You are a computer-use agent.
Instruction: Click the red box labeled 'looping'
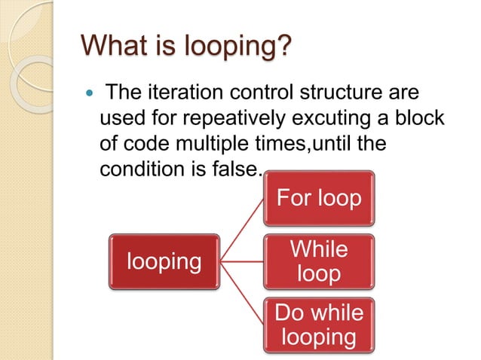pyautogui.click(x=164, y=261)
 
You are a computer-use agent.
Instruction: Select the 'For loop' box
pyautogui.click(x=318, y=200)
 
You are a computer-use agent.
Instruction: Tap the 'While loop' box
pyautogui.click(x=318, y=261)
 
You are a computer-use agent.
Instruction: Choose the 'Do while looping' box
pyautogui.click(x=318, y=323)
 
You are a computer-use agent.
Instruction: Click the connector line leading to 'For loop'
pyautogui.click(x=244, y=226)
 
